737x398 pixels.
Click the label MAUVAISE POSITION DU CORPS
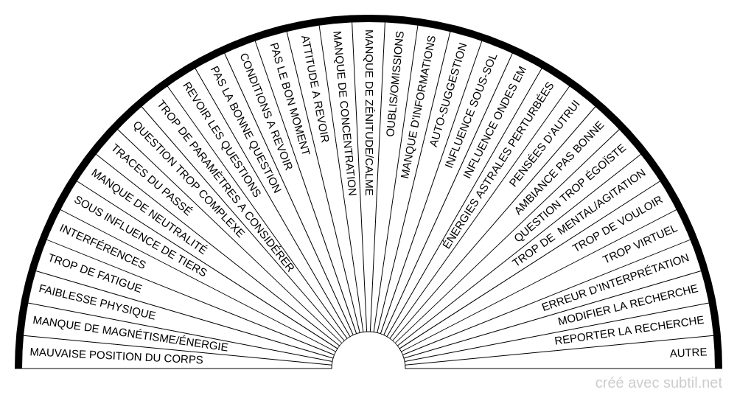(x=116, y=356)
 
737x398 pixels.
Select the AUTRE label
(x=688, y=352)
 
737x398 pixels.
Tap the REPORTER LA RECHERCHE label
(x=629, y=330)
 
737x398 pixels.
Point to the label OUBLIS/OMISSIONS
(x=394, y=84)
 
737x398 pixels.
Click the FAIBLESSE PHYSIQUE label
(x=97, y=302)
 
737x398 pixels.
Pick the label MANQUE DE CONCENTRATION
(x=344, y=114)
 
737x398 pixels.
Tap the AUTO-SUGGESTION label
(x=448, y=95)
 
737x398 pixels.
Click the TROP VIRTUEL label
(x=640, y=244)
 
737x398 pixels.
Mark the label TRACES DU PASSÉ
(x=152, y=180)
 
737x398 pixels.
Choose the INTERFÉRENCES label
(x=102, y=246)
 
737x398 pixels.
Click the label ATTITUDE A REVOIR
(x=314, y=89)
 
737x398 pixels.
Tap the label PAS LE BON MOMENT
(x=290, y=99)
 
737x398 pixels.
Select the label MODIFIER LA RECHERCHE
(x=628, y=305)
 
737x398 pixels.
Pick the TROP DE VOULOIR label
(x=617, y=223)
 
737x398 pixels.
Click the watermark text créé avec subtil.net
(x=658, y=383)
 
